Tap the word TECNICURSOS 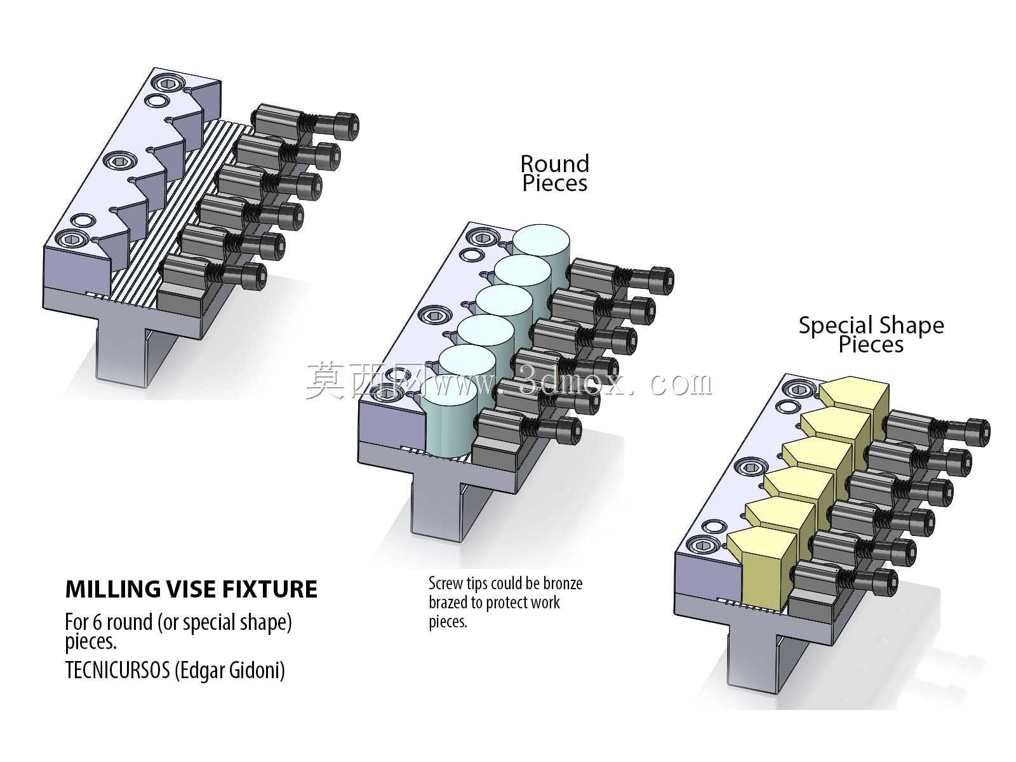[x=117, y=670]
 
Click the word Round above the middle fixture [x=554, y=164]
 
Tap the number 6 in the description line [x=97, y=622]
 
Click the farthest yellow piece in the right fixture [x=854, y=397]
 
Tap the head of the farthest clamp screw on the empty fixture [x=347, y=126]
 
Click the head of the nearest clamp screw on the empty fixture [x=254, y=277]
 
